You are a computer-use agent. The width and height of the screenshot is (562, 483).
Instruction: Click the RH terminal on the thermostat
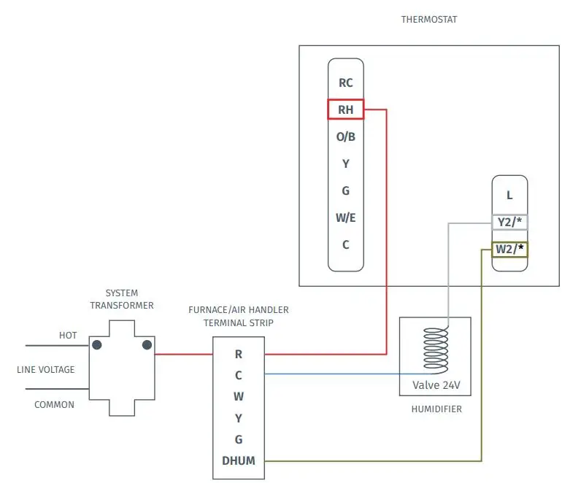point(345,109)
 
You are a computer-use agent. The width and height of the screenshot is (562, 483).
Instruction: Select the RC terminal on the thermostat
point(345,82)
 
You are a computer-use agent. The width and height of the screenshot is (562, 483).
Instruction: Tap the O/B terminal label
point(345,136)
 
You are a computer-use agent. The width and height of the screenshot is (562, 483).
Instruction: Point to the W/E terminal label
point(345,217)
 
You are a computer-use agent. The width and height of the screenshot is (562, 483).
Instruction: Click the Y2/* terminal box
point(509,222)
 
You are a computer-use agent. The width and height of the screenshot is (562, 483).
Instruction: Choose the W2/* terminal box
point(509,249)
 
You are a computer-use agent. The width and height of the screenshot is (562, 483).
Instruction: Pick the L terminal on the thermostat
point(509,196)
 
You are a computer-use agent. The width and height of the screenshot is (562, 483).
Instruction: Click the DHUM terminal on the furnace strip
point(239,460)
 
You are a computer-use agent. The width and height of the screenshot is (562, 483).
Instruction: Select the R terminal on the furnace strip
point(239,355)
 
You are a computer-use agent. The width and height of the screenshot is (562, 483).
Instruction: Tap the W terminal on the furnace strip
point(239,397)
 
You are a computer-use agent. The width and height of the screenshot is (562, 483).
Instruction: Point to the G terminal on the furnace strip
point(239,439)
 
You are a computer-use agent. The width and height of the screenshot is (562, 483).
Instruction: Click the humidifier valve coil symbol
point(436,349)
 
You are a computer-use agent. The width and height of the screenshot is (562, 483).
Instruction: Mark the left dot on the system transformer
point(97,344)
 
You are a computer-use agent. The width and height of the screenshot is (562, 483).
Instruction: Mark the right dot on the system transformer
point(147,344)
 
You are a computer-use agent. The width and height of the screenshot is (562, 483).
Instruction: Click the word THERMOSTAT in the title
point(429,20)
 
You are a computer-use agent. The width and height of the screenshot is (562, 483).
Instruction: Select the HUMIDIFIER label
point(436,409)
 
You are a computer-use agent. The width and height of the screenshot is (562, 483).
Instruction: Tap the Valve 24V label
point(436,385)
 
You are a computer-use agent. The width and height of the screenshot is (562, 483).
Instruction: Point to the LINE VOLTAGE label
point(46,369)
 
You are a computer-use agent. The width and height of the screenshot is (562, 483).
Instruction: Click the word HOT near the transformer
point(68,336)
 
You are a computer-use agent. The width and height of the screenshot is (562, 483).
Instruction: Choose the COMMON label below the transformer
point(55,404)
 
